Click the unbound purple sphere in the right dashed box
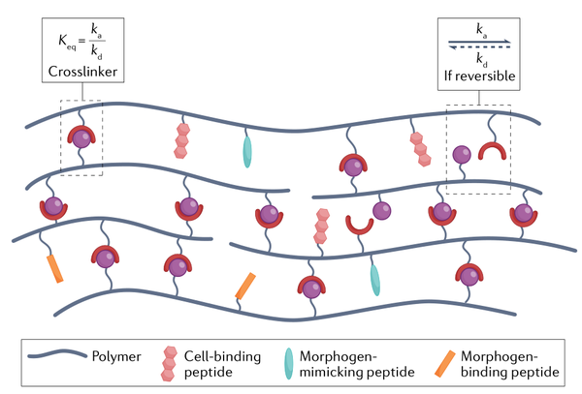point(463,154)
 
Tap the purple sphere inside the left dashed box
point(81,137)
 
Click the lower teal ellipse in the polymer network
point(374,279)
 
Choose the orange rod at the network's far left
point(54,268)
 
